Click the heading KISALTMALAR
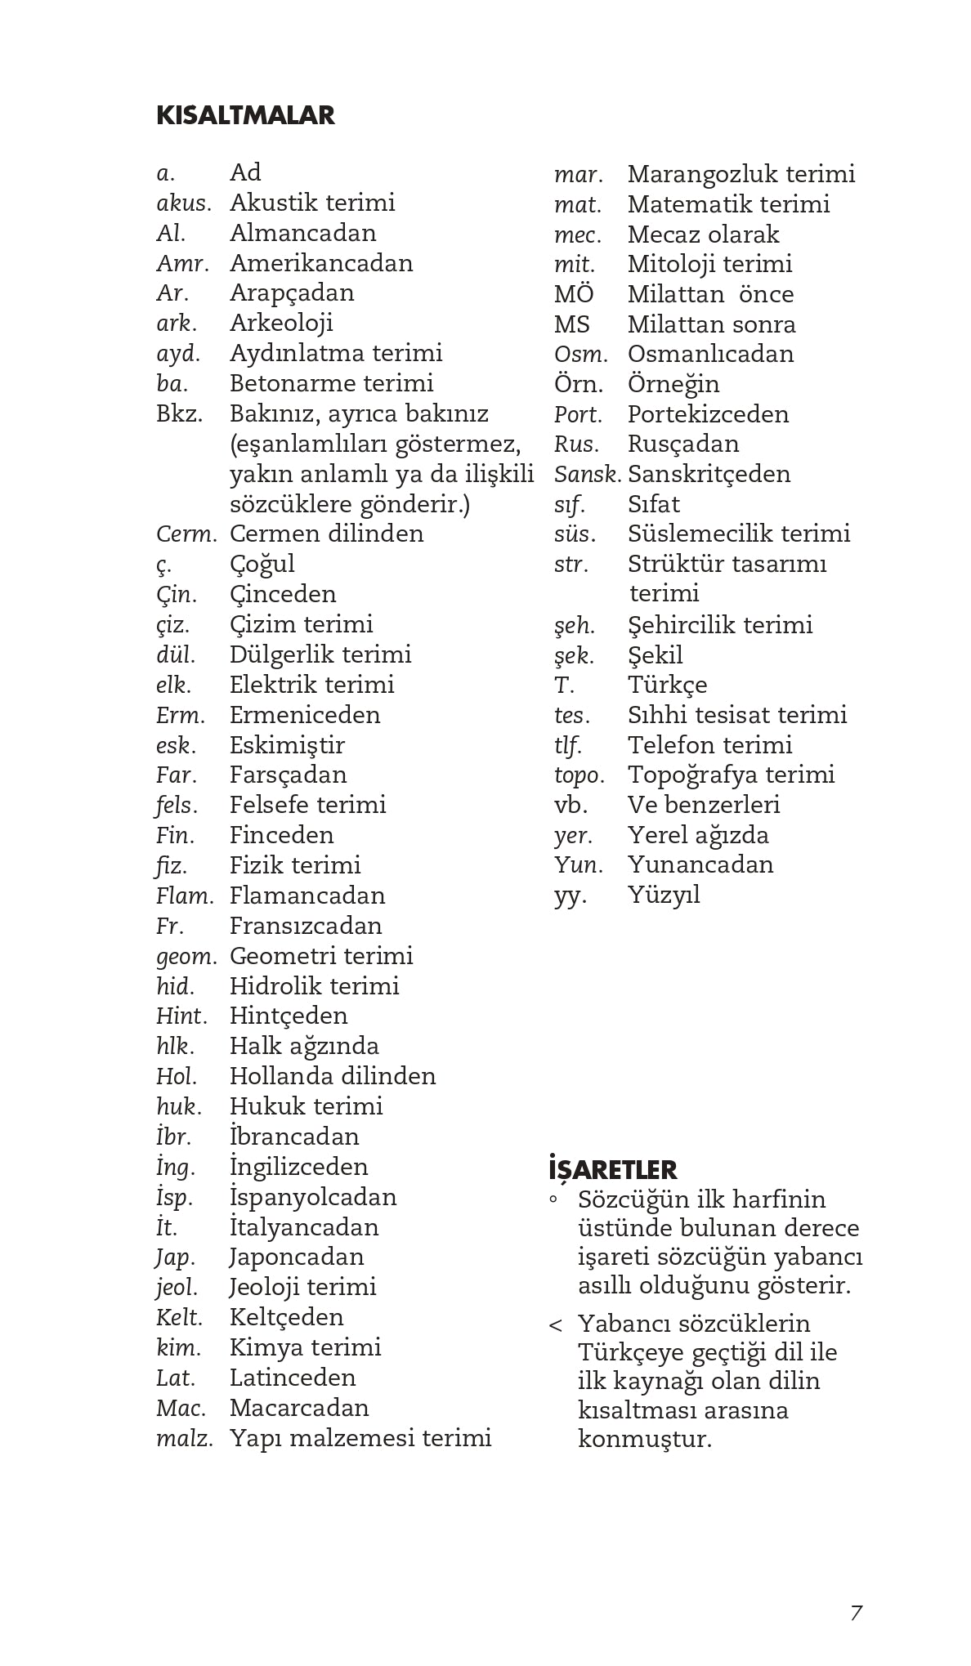click(245, 115)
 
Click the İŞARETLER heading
click(613, 1169)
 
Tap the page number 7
click(856, 1613)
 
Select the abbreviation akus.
click(184, 203)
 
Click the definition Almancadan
click(302, 233)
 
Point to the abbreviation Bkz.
click(179, 413)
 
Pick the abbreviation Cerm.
click(186, 534)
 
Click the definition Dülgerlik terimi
click(320, 654)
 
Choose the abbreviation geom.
click(186, 956)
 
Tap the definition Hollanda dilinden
click(332, 1076)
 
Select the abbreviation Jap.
click(176, 1257)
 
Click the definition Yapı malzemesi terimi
click(360, 1438)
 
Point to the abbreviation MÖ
click(574, 294)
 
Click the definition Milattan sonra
click(711, 324)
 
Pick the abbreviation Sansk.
click(588, 475)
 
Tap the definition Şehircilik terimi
click(719, 625)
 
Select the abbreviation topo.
click(579, 775)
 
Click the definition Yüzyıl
click(664, 896)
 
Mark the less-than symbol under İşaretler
click(556, 1325)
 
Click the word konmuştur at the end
click(644, 1439)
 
